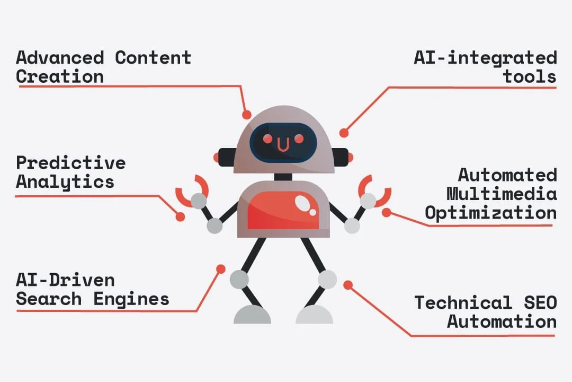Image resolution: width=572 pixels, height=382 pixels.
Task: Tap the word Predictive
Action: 70,162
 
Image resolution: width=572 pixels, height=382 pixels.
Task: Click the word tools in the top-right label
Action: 530,76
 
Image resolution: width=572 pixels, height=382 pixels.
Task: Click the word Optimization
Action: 490,213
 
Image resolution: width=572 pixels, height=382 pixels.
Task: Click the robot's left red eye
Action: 268,138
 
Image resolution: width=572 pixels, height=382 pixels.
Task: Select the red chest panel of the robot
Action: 283,210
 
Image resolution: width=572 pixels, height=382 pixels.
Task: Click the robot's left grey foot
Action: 252,315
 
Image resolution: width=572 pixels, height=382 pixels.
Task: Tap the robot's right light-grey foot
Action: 314,315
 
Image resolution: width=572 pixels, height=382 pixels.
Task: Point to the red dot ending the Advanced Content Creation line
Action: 246,114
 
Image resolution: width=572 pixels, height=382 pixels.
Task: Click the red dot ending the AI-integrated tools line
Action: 344,133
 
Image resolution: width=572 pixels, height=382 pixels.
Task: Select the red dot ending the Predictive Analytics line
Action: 180,216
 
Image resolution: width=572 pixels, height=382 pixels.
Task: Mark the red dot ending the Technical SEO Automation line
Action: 347,285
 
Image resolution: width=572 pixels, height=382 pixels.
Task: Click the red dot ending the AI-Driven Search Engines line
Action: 221,269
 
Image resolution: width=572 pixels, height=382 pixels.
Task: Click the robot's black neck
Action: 283,177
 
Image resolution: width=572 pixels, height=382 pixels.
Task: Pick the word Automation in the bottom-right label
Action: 502,322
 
